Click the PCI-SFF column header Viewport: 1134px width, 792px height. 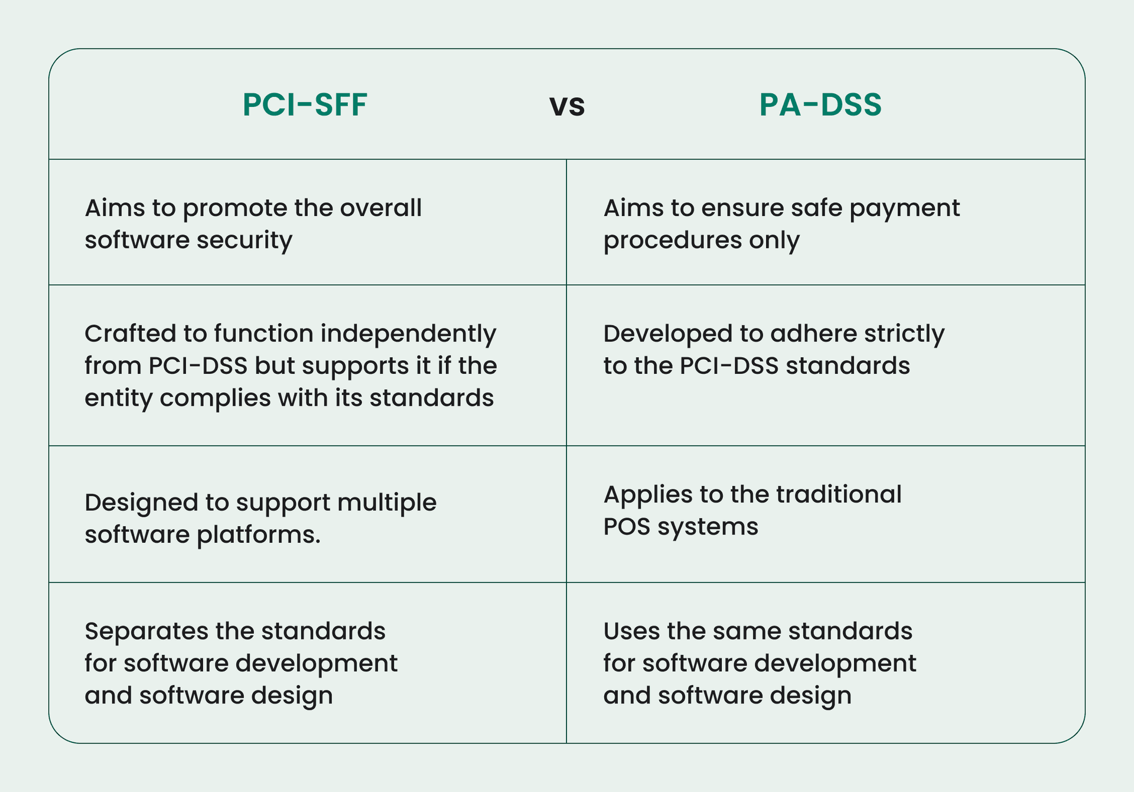[x=305, y=105]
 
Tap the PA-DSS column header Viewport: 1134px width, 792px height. [x=820, y=105]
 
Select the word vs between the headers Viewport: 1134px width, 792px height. [x=567, y=106]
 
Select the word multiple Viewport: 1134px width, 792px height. [x=387, y=504]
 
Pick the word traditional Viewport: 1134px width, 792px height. [x=839, y=495]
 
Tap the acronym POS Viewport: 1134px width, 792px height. [x=627, y=527]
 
